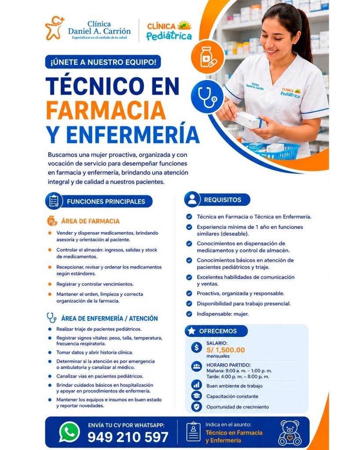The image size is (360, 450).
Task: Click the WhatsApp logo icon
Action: (x=69, y=432)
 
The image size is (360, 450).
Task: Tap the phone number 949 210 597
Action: (x=128, y=437)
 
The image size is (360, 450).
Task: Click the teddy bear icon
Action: (x=290, y=433)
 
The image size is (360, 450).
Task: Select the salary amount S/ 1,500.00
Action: (x=225, y=350)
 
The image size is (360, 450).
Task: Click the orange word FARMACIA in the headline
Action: (x=106, y=110)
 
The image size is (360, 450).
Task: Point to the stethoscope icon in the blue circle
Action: (x=207, y=97)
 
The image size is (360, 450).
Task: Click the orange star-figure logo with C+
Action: (x=55, y=28)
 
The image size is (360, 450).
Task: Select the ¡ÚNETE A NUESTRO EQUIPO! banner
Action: (x=103, y=62)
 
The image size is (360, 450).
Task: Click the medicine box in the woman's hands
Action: (x=249, y=120)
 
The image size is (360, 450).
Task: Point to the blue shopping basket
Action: (x=271, y=150)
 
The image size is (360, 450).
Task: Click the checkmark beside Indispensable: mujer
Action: (x=189, y=314)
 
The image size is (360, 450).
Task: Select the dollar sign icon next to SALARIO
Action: (x=196, y=348)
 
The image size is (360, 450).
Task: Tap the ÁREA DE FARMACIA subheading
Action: (x=90, y=221)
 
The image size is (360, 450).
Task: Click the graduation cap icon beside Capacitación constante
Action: (x=196, y=396)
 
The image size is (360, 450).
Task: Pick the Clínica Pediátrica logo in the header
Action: (x=169, y=31)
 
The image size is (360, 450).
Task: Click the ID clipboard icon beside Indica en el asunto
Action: (x=193, y=432)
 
